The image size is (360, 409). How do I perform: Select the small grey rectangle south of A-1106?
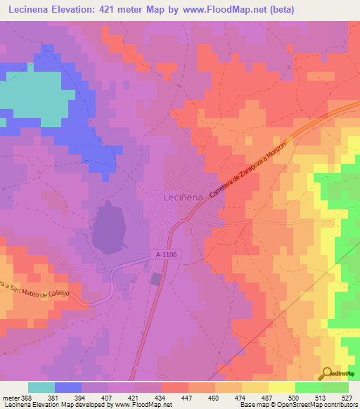[x=155, y=279]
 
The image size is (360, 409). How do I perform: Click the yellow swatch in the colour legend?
[x=281, y=387]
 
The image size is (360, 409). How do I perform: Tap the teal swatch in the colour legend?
[x=41, y=387]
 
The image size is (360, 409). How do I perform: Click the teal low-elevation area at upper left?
[x=28, y=95]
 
